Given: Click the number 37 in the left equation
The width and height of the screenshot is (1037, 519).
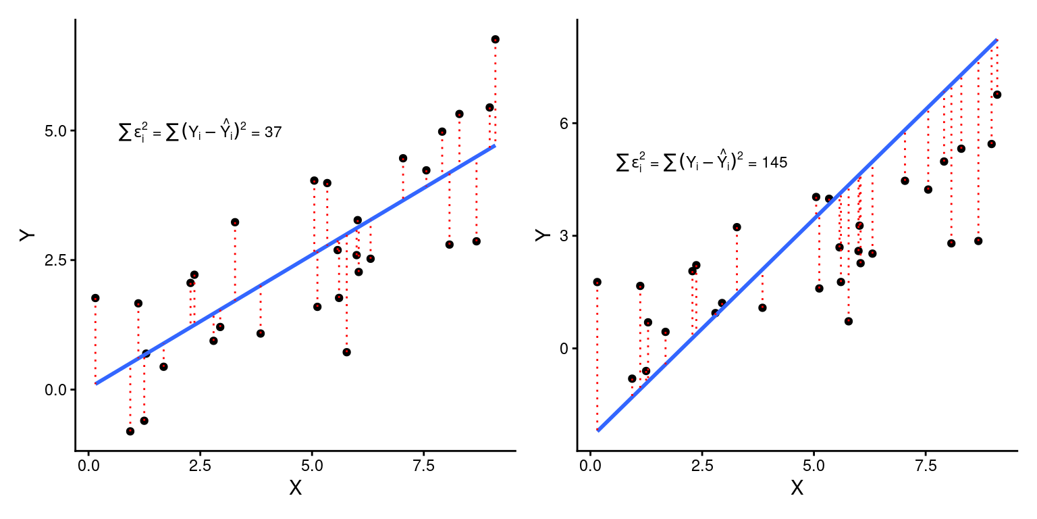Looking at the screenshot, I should (273, 133).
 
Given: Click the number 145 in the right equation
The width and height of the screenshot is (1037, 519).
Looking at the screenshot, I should (774, 163).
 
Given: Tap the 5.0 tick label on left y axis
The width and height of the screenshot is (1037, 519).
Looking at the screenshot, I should (56, 130).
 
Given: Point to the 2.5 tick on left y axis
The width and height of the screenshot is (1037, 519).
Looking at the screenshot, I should (56, 260).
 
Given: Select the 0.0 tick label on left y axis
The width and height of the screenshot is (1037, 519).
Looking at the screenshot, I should (56, 390).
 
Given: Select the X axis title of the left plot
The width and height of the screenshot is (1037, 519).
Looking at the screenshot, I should (295, 488).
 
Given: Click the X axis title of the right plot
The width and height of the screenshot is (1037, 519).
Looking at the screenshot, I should (797, 488).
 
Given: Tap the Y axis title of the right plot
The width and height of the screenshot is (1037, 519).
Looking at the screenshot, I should (541, 234).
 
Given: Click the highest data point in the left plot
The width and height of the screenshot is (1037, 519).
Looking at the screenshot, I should (495, 39).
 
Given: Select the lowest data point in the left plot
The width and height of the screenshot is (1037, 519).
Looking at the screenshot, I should (130, 431).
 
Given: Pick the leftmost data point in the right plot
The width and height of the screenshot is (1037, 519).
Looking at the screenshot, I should (597, 282).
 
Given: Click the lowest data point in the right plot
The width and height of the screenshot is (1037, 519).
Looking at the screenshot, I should (632, 378).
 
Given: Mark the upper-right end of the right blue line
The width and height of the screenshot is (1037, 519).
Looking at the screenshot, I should (996, 40).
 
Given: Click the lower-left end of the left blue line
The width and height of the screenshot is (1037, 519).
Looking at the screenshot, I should (96, 384).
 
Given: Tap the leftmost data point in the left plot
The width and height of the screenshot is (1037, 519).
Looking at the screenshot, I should (95, 298).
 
